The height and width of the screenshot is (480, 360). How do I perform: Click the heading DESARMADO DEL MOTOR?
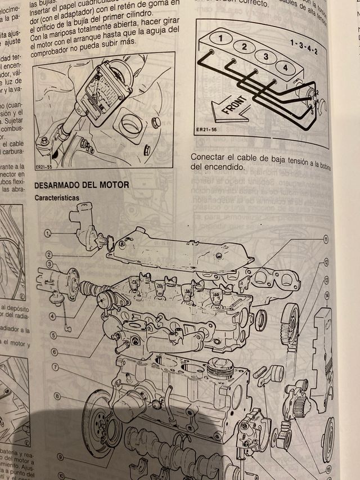[82, 185]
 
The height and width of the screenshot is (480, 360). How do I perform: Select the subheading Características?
[57, 198]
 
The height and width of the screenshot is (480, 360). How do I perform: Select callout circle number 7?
[56, 367]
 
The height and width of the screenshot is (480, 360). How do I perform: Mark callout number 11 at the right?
[325, 240]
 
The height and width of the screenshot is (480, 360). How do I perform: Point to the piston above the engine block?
[220, 369]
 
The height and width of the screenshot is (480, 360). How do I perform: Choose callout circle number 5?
[54, 335]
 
